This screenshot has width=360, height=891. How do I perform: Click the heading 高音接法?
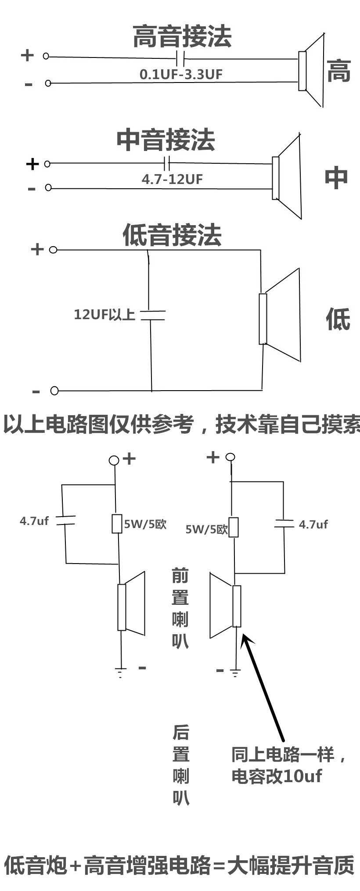click(182, 36)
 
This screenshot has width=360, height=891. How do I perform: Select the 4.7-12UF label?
click(172, 179)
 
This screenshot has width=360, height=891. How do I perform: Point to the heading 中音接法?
click(166, 140)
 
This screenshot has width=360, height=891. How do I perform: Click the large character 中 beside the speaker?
click(336, 177)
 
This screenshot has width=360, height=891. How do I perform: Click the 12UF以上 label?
click(104, 314)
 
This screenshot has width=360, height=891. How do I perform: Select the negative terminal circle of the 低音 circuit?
click(54, 391)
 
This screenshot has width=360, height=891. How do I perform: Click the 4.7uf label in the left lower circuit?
click(34, 521)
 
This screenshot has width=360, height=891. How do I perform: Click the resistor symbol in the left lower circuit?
click(117, 524)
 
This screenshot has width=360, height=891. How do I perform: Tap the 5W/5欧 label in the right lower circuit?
click(206, 529)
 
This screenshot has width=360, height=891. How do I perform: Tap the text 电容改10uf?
click(277, 776)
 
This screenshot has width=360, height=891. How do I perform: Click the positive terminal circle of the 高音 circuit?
click(46, 56)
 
